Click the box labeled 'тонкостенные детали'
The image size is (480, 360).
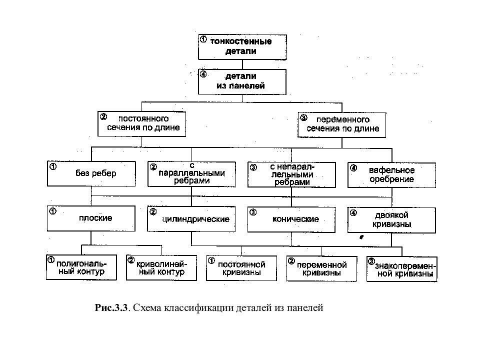[242, 47]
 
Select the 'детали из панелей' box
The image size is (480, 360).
[242, 81]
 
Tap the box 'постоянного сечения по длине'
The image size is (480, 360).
[141, 123]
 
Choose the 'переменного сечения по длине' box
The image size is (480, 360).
[341, 125]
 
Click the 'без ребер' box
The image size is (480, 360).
[91, 173]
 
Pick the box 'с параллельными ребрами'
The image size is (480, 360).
[191, 174]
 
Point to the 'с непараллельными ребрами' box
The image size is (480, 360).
[291, 175]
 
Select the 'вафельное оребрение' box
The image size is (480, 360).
[392, 175]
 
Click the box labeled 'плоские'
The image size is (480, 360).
[91, 218]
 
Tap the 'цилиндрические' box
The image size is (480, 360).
[191, 219]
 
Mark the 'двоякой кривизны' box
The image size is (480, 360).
[391, 220]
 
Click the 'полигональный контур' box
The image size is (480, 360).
[81, 267]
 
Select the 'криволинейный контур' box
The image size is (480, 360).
[161, 268]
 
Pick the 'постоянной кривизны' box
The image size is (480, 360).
[241, 268]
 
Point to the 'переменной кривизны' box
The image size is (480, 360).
[321, 269]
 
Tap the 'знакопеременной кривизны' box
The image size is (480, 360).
[402, 269]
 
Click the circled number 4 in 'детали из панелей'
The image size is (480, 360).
[203, 74]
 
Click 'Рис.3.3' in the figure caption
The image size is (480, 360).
[111, 307]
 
